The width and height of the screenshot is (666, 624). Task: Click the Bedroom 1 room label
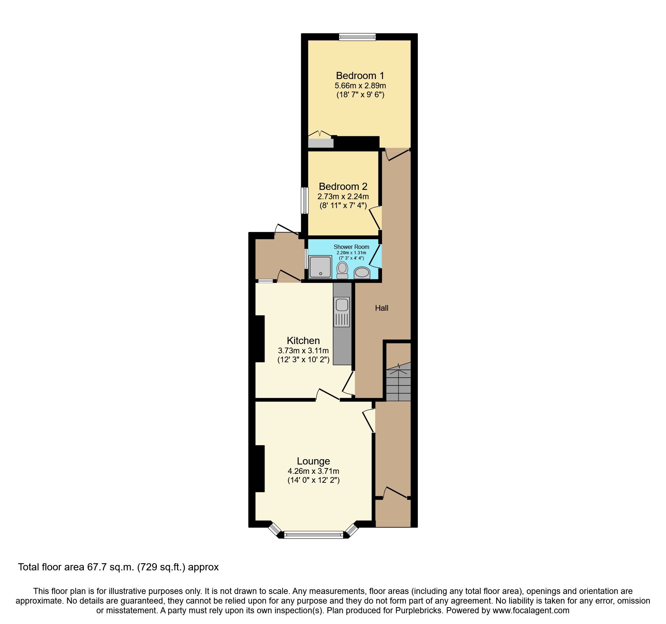[360, 76]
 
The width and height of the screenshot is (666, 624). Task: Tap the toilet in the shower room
[342, 270]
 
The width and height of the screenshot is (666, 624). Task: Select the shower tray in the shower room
[320, 267]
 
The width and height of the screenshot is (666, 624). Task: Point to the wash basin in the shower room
[362, 273]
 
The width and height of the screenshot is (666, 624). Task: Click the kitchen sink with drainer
[342, 312]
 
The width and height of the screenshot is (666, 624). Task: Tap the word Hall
[381, 308]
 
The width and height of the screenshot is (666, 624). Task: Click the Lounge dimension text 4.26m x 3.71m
[313, 471]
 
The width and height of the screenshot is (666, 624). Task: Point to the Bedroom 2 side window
[305, 200]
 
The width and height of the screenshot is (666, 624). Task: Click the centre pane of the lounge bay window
[313, 535]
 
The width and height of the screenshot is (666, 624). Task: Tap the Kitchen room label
[303, 340]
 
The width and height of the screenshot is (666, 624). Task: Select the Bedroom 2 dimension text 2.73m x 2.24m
[343, 196]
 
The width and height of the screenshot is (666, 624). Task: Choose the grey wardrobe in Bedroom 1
[320, 143]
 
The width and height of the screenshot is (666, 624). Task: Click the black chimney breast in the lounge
[259, 468]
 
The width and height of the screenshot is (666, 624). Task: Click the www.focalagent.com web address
[531, 610]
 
